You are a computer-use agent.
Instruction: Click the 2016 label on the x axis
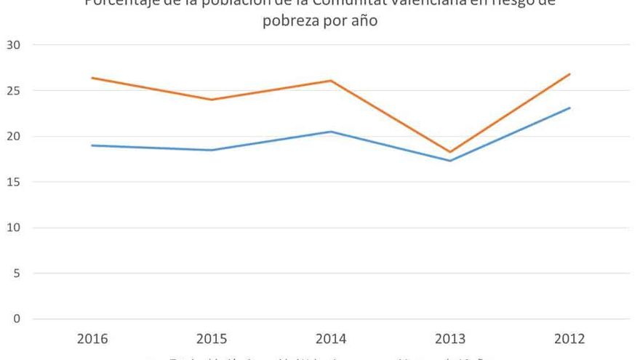click(x=92, y=339)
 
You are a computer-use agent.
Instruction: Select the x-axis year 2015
click(x=212, y=339)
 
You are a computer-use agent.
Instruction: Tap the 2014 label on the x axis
click(x=331, y=339)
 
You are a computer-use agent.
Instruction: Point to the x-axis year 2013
click(x=450, y=339)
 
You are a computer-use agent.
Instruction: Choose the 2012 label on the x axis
click(x=569, y=339)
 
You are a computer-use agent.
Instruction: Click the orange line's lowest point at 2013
click(x=450, y=152)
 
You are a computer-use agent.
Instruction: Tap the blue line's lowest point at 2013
click(x=450, y=161)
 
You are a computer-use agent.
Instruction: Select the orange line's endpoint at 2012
click(x=569, y=74)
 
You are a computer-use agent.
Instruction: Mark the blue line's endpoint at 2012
click(x=569, y=108)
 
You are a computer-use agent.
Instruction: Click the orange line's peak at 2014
click(x=331, y=81)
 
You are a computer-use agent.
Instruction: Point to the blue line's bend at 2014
click(x=331, y=132)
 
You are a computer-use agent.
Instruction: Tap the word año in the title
click(x=364, y=21)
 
